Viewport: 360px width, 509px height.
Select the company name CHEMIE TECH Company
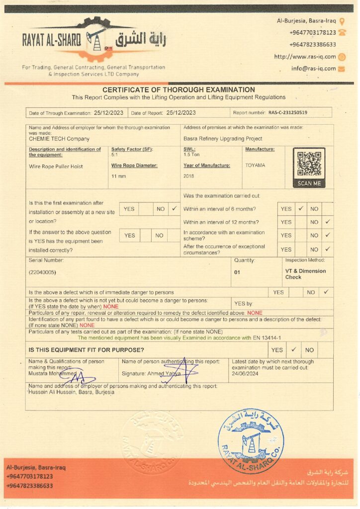59,139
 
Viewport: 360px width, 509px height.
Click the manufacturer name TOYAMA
255,165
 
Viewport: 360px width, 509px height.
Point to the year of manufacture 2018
189,176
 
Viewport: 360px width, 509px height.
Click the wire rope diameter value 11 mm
118,176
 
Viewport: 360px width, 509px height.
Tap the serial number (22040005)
42,272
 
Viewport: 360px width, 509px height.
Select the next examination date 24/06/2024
245,374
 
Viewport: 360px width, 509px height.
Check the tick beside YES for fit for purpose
293,350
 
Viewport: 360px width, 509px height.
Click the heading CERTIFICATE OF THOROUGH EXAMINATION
179,90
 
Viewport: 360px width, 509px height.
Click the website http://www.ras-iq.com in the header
305,57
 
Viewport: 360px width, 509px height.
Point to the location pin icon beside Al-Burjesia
342,21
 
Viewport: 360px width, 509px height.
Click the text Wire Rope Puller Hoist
56,167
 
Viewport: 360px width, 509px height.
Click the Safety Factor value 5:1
115,155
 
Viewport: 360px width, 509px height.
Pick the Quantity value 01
237,272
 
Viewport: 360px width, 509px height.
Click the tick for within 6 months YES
300,209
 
